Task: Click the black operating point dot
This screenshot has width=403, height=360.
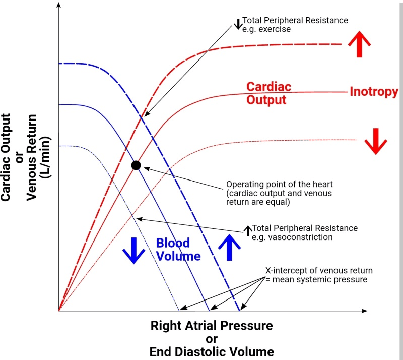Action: click(136, 165)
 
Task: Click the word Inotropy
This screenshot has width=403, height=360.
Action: click(374, 91)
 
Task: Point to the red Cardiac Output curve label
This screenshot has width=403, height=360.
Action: click(268, 93)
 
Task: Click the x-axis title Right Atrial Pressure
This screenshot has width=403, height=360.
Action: click(212, 325)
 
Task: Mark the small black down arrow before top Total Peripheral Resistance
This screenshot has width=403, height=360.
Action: click(238, 23)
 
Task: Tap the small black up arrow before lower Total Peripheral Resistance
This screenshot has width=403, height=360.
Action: click(247, 230)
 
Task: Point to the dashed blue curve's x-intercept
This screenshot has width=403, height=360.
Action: click(239, 310)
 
